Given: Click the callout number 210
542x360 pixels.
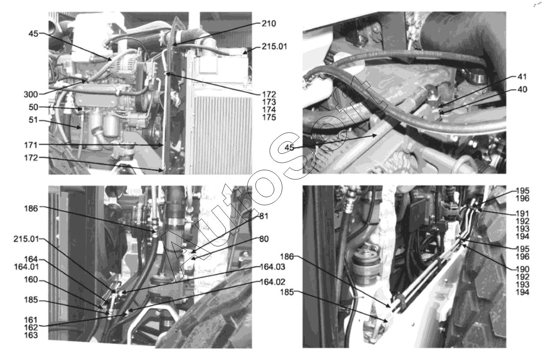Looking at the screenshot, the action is tap(269, 24).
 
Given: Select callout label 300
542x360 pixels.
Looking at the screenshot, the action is tap(31, 94).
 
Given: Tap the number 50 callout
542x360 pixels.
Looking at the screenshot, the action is tap(34, 107).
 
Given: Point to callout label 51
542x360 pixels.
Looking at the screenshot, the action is tap(34, 120).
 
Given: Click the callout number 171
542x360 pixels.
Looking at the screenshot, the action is tap(31, 145).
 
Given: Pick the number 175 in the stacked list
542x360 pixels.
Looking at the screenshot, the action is tap(269, 118).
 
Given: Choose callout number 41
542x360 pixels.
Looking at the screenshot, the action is tap(522, 77).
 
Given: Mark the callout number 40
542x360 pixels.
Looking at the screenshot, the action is tap(522, 90).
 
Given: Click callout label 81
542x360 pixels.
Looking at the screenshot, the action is tap(264, 216).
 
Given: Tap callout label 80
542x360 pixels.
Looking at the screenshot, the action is tap(264, 239).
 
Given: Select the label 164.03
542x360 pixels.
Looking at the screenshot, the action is tap(273, 267).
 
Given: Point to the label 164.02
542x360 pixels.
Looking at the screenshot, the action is tap(273, 282).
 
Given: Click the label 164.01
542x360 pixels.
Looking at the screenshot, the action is tap(27, 267).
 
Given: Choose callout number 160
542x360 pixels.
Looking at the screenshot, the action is tap(31, 279).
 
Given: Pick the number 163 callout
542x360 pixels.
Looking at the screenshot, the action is tap(31, 335).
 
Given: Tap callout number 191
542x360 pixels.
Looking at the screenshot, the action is tap(522, 214).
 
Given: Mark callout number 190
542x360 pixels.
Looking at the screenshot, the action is tap(522, 269).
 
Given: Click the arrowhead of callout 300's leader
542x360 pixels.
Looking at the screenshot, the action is tap(85, 81).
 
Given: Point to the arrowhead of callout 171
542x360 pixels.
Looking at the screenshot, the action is tap(162, 145).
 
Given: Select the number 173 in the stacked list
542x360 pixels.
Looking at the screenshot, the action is tap(269, 102).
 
